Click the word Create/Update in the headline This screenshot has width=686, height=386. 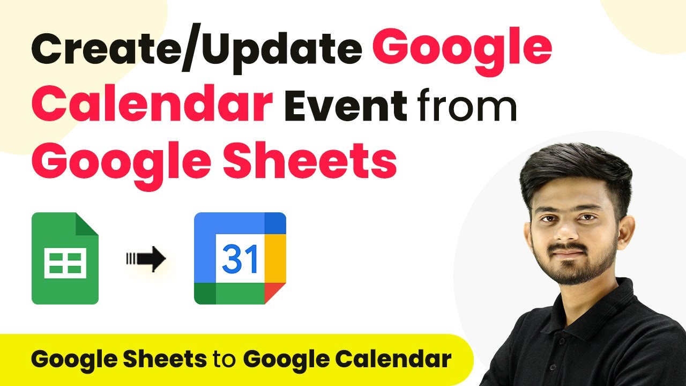click(x=196, y=49)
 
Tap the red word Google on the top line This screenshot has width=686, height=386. click(x=462, y=50)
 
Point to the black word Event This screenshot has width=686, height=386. click(x=346, y=104)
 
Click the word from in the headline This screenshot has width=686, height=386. click(x=467, y=103)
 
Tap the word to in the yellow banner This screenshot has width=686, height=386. click(x=225, y=359)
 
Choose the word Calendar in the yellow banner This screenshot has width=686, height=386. click(x=393, y=359)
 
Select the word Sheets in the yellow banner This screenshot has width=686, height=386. click(x=165, y=359)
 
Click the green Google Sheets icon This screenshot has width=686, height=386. click(x=65, y=258)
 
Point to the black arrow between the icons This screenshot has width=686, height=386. click(x=146, y=259)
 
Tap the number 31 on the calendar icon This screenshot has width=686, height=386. click(x=240, y=259)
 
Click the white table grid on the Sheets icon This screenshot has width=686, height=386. click(x=65, y=263)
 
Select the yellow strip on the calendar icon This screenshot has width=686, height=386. click(x=275, y=258)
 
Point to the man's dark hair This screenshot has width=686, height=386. click(x=576, y=175)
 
